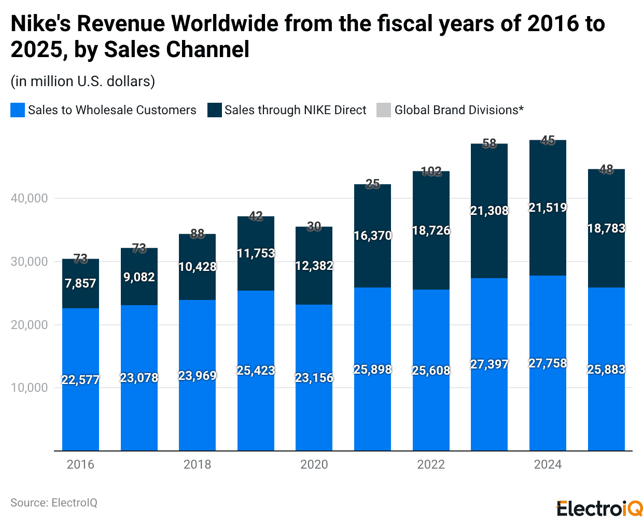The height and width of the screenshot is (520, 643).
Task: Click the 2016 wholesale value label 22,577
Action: (x=80, y=380)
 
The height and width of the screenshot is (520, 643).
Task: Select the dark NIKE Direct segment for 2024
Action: (x=548, y=239)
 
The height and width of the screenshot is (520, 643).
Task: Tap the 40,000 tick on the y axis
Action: (x=29, y=198)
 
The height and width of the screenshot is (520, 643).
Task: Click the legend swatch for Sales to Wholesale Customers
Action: (x=18, y=110)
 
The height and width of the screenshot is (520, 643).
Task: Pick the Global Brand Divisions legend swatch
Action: (x=384, y=110)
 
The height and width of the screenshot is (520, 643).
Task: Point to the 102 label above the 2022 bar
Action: (x=431, y=171)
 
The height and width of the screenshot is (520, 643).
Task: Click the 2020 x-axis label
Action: (x=314, y=464)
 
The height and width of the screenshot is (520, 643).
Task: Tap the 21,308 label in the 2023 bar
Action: (x=490, y=211)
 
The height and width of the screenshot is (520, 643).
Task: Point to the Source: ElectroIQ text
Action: (x=54, y=503)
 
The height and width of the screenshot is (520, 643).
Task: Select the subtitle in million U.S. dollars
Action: (x=83, y=81)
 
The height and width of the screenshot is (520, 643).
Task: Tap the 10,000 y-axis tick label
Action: (x=29, y=388)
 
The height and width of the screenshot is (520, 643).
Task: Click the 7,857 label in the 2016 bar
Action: (x=80, y=283)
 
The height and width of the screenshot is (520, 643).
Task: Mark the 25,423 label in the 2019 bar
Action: (x=256, y=371)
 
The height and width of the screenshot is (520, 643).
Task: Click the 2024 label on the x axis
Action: (x=548, y=464)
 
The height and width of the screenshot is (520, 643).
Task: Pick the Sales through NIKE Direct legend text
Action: (x=295, y=110)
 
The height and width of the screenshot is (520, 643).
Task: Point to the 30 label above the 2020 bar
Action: (x=314, y=226)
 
